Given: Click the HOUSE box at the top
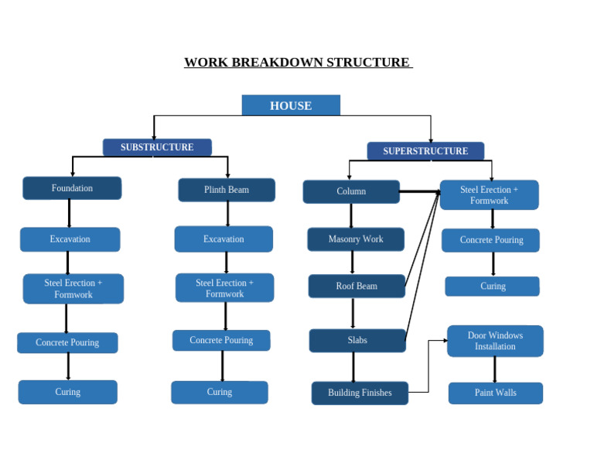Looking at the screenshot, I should (291, 105).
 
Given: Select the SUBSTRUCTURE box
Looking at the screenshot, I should (157, 147).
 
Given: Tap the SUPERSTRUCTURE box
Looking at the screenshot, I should (425, 151).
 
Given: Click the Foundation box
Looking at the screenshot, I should (72, 188).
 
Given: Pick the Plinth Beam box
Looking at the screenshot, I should (227, 190).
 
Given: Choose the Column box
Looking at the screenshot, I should (351, 191).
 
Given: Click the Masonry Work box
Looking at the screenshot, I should (356, 239).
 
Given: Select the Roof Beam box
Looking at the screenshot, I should (357, 286).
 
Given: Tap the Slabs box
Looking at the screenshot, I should (357, 340).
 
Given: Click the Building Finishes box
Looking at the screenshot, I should (360, 393).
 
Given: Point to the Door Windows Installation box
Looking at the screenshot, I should (495, 341).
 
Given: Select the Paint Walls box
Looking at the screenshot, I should (495, 393).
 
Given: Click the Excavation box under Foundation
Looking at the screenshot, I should (70, 239).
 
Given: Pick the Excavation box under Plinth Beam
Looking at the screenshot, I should (224, 239).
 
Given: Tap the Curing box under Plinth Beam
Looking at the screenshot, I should (220, 392).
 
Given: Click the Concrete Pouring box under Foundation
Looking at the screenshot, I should (67, 342).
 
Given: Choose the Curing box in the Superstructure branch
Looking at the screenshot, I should (493, 286).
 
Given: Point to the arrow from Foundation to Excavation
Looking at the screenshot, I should (69, 213).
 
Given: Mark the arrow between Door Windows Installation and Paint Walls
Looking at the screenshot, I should (494, 369).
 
